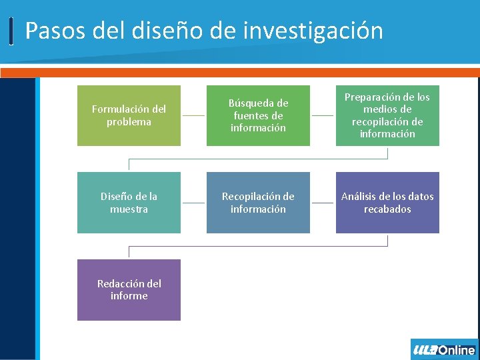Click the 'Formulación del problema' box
pyautogui.click(x=129, y=115)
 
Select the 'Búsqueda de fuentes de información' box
pyautogui.click(x=258, y=115)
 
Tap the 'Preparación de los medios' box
pyautogui.click(x=387, y=115)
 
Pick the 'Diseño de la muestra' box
pyautogui.click(x=129, y=203)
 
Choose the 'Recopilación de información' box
pyautogui.click(x=258, y=203)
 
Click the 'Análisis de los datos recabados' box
pyautogui.click(x=387, y=203)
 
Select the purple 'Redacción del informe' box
pyautogui.click(x=129, y=290)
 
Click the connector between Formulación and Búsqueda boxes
pyautogui.click(x=193, y=115)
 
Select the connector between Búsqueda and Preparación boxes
pyautogui.click(x=323, y=115)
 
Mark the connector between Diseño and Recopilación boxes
pyautogui.click(x=193, y=203)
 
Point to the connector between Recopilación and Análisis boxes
pyautogui.click(x=323, y=203)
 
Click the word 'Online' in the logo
pyautogui.click(x=457, y=350)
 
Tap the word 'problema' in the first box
pyautogui.click(x=129, y=122)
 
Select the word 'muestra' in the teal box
pyautogui.click(x=129, y=209)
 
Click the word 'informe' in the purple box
pyautogui.click(x=129, y=296)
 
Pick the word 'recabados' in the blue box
pyautogui.click(x=387, y=209)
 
